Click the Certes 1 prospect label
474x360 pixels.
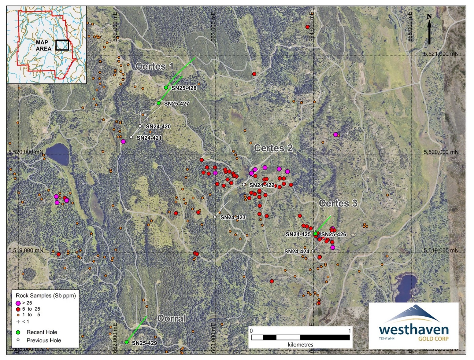[154, 66]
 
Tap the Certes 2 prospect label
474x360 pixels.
[273, 148]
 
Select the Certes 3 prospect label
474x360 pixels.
[338, 203]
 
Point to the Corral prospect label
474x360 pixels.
[172, 318]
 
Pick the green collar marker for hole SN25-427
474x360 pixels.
[159, 103]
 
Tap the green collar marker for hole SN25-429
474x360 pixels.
[126, 342]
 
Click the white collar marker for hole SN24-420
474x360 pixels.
[140, 126]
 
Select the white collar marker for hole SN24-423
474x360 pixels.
[215, 217]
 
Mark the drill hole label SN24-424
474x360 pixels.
[297, 252]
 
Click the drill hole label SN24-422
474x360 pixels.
[261, 185]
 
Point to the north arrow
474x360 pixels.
[429, 29]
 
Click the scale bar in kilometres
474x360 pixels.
[300, 337]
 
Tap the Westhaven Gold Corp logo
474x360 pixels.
[413, 326]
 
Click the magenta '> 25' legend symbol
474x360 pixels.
[18, 303]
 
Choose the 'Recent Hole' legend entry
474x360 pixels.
[42, 332]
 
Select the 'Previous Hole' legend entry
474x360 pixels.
[43, 340]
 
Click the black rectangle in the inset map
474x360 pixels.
[62, 45]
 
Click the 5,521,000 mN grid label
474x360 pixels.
[441, 54]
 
